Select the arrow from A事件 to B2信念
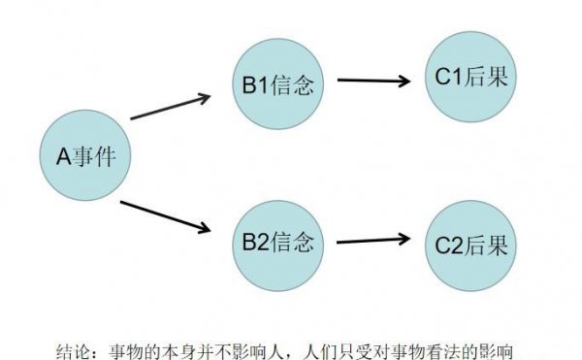(165, 215)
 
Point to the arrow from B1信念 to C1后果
(372, 80)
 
